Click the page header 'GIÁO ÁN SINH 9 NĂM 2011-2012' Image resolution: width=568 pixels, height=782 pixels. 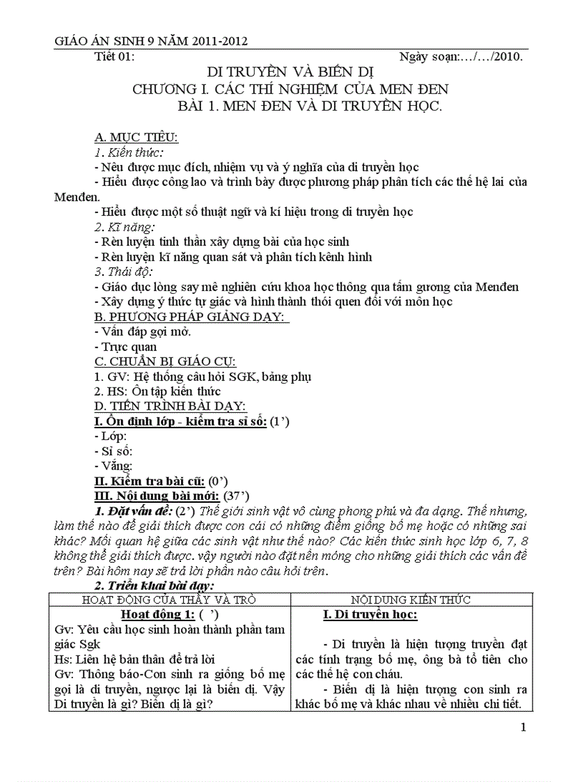151,42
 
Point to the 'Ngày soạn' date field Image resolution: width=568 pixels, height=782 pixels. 461,57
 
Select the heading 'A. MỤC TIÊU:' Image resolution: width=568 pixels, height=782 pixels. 136,136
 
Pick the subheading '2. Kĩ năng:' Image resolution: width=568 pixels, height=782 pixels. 125,226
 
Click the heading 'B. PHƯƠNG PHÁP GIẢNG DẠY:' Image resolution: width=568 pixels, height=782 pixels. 191,317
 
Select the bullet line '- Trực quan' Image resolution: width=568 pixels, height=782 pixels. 125,347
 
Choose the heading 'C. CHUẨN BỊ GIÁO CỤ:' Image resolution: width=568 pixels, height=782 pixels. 165,361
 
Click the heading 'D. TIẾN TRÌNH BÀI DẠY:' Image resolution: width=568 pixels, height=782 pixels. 170,406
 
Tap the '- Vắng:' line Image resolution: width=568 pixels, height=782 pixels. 113,466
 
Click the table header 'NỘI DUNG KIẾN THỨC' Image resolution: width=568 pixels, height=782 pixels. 410,599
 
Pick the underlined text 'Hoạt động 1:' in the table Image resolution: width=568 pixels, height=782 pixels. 153,614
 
